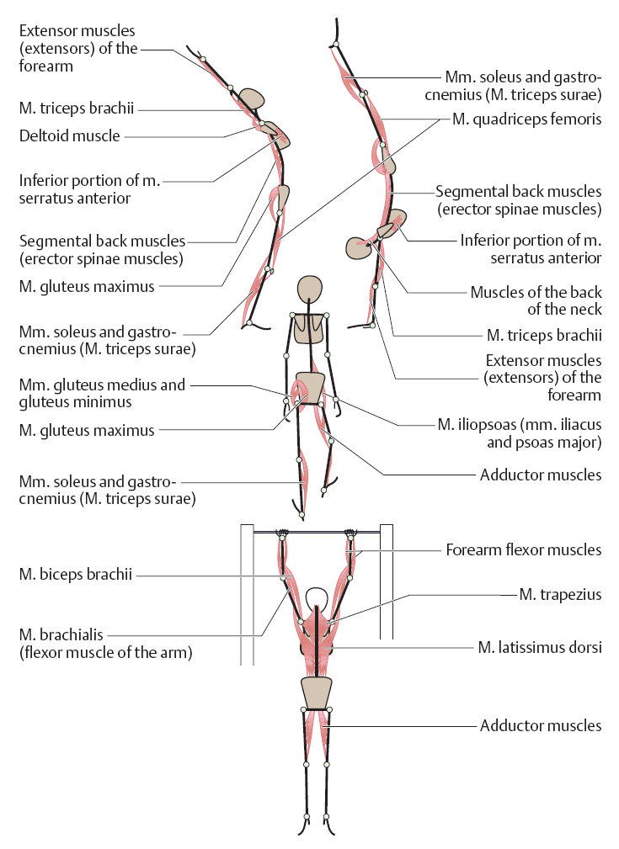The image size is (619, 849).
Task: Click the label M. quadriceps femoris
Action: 527,119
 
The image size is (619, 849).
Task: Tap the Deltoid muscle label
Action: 69,135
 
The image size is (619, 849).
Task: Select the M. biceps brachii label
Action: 75,574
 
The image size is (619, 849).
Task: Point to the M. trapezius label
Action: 560,595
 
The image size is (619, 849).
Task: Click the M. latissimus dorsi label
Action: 540,647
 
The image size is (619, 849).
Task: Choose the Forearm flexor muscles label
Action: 524,550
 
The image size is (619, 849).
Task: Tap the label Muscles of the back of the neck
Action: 536,300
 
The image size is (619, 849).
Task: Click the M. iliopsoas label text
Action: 520,433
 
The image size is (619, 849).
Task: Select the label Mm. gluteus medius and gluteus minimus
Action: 102,393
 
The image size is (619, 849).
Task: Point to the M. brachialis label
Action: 106,643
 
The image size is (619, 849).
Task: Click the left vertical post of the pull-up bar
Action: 247,594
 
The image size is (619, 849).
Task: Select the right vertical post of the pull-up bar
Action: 387,581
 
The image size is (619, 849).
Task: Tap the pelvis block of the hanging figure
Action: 316,693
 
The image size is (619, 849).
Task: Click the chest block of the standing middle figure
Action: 310,328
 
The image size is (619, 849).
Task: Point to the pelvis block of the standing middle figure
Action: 310,388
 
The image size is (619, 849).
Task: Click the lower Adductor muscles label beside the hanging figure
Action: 541,725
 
